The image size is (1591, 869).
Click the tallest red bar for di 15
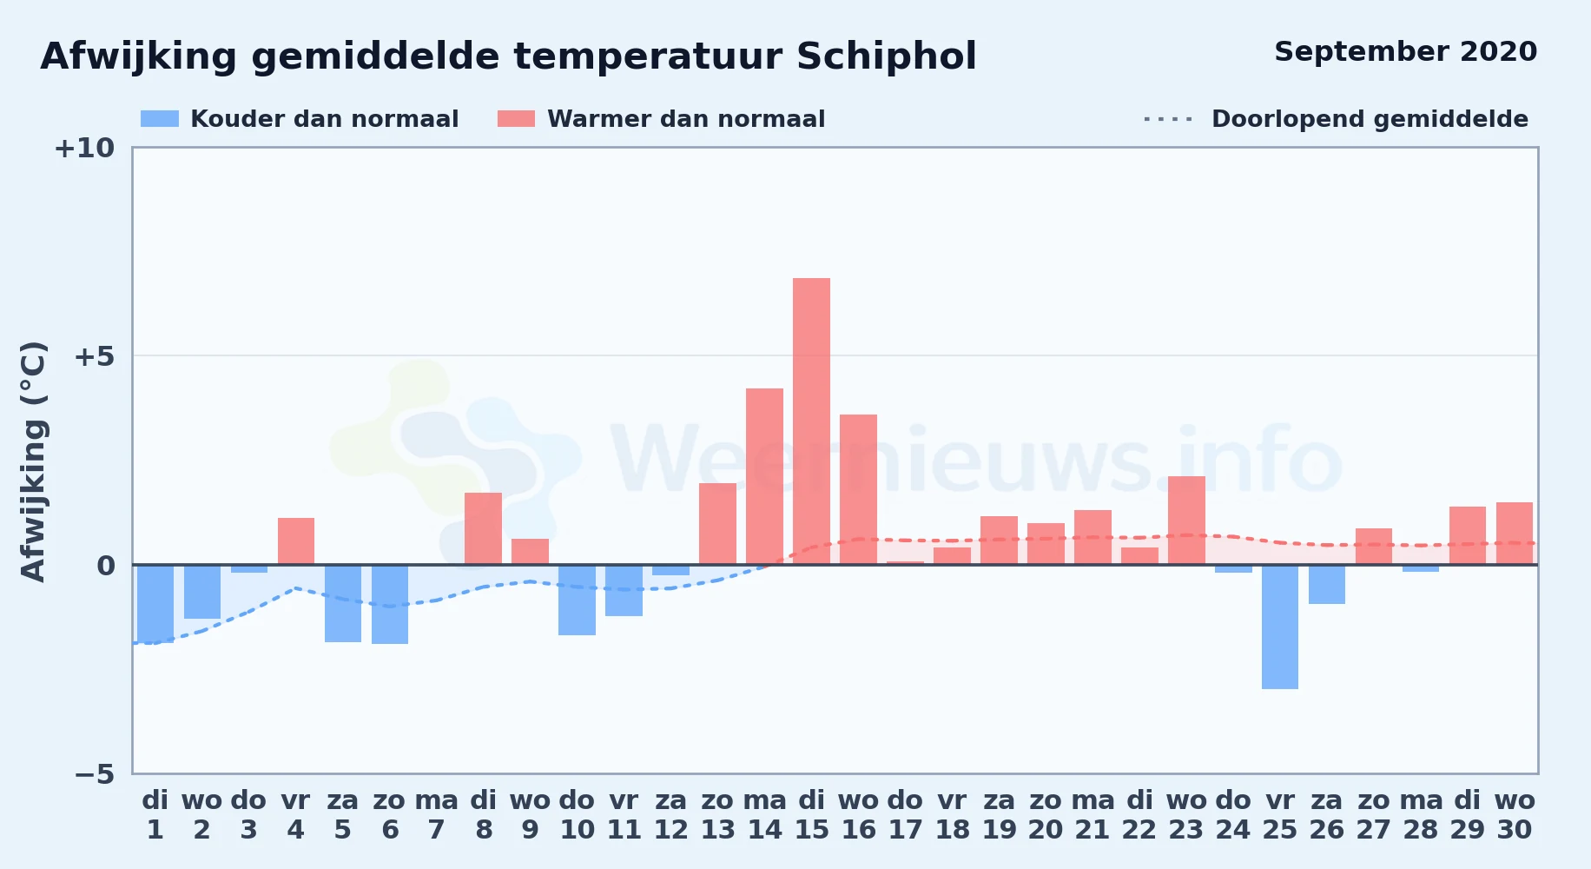[811, 421]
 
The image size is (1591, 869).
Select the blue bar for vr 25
[1280, 627]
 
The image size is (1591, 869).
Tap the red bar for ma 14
[764, 476]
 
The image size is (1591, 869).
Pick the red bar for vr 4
[296, 541]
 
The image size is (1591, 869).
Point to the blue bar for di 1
[155, 604]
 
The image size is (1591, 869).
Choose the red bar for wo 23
[1186, 521]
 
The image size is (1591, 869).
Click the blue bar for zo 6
[390, 604]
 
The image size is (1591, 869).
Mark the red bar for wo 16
[858, 489]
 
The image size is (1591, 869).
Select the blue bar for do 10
[577, 600]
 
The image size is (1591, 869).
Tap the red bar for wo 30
[1515, 534]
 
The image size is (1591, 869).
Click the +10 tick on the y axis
[84, 148]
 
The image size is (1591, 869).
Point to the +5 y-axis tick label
[94, 356]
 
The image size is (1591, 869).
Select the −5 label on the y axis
[94, 774]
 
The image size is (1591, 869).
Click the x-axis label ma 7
[437, 815]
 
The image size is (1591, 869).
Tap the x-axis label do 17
[905, 815]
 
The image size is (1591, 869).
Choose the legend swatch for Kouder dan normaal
[160, 119]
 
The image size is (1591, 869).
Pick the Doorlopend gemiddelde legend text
[1370, 119]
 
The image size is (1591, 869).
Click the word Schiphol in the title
[886, 56]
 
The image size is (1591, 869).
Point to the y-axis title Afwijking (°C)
[33, 461]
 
